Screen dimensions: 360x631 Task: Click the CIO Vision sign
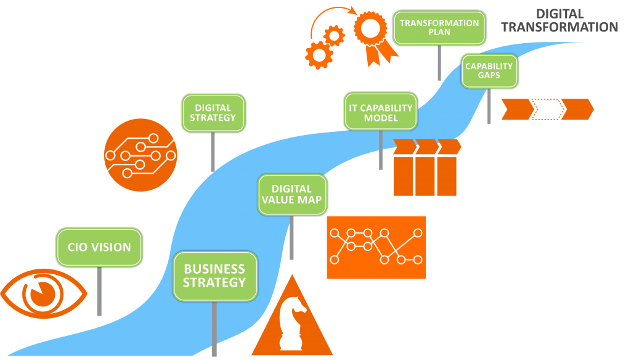(x=99, y=247)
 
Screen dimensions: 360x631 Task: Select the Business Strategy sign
(x=214, y=276)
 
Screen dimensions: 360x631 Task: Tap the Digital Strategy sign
(x=213, y=113)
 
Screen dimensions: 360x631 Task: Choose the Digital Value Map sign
(x=291, y=195)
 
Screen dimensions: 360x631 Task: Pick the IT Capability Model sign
(x=381, y=112)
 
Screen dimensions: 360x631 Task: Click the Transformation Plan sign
(x=439, y=27)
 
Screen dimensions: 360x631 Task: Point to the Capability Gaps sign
(x=489, y=71)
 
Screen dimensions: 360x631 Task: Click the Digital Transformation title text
(x=559, y=21)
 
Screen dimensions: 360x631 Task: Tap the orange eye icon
(x=43, y=293)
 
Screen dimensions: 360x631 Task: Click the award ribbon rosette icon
(x=370, y=33)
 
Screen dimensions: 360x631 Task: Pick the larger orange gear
(x=319, y=55)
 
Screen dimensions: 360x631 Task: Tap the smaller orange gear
(x=335, y=36)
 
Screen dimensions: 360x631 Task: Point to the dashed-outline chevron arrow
(x=547, y=109)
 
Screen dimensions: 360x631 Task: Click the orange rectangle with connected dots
(x=376, y=247)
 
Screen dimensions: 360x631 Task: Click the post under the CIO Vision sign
(x=99, y=290)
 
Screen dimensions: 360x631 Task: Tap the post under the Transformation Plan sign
(x=439, y=62)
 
